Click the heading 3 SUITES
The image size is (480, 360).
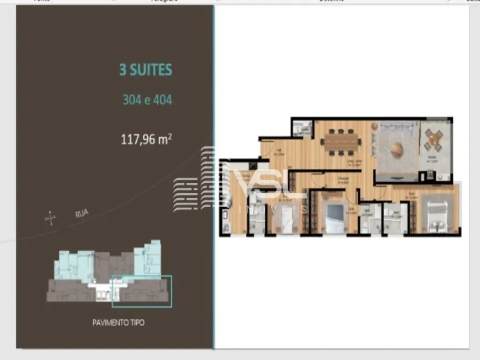point(146,70)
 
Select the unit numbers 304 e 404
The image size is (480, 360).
point(147,100)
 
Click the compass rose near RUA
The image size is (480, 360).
point(50,218)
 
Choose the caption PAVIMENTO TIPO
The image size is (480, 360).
point(118,322)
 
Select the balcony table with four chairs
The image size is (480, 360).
point(433,141)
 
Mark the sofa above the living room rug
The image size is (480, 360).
point(395,127)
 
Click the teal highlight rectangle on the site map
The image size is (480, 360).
point(142,291)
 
